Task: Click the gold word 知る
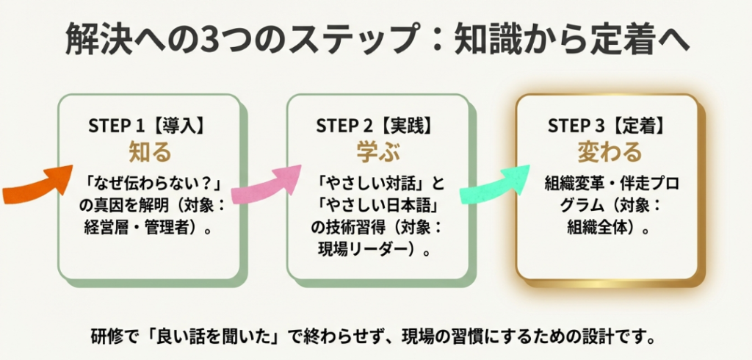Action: pos(150,151)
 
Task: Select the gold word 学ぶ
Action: pos(377,151)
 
